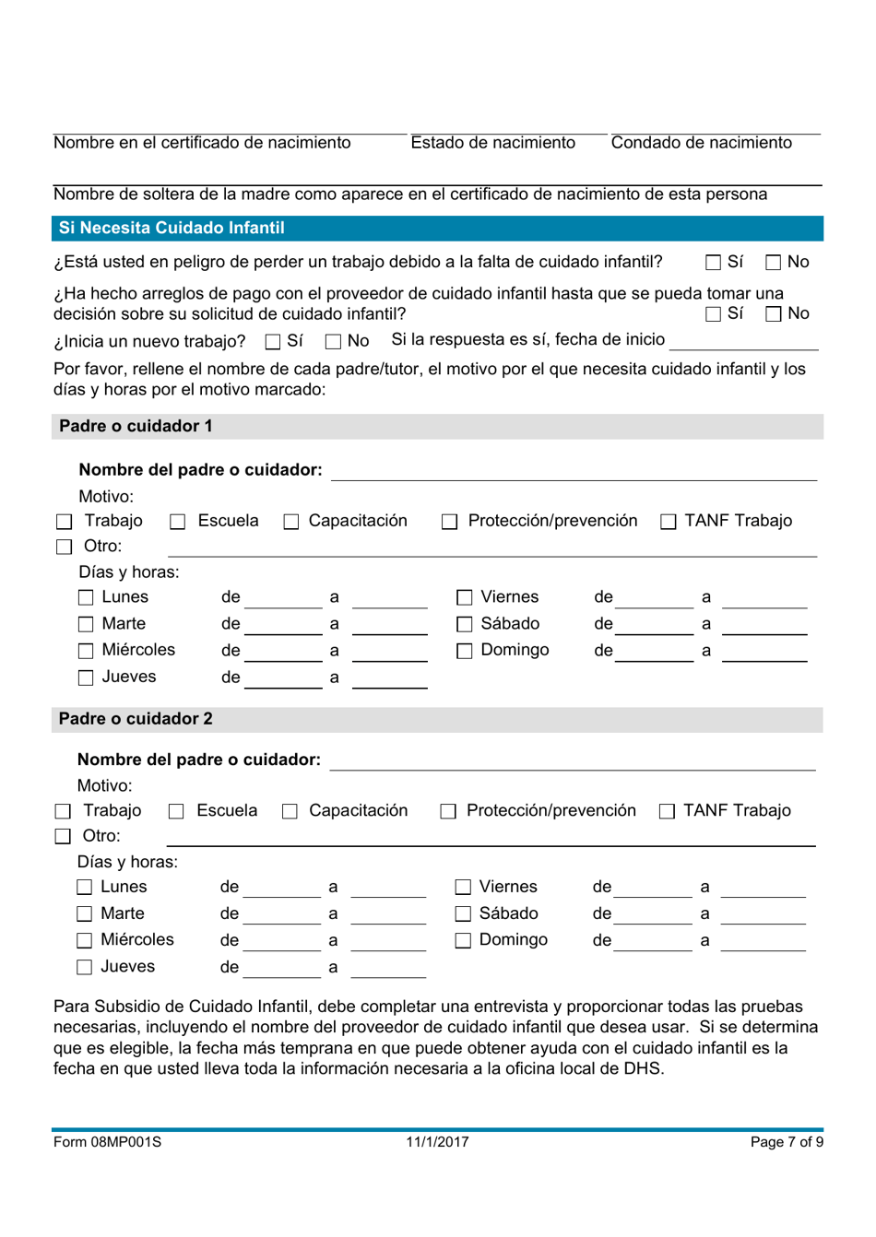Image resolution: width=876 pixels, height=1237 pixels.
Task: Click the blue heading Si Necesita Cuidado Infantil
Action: point(172,228)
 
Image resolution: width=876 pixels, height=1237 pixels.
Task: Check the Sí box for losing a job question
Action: point(714,263)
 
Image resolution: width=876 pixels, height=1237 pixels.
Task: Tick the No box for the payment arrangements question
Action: point(774,314)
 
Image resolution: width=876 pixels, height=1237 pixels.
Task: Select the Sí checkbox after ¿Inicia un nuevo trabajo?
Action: point(273,342)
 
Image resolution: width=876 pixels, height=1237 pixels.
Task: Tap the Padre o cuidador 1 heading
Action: point(136,426)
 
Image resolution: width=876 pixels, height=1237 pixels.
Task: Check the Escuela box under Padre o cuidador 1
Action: point(178,522)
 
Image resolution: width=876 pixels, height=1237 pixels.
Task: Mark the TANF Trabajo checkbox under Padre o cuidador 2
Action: point(667,811)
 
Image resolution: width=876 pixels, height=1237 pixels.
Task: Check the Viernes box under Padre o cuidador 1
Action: point(465,598)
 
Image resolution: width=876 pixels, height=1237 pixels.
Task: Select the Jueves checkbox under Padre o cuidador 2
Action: point(85,967)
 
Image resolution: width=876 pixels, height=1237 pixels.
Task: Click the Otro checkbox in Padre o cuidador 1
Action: point(64,547)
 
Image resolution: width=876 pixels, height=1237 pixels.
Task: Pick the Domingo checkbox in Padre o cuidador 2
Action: point(463,940)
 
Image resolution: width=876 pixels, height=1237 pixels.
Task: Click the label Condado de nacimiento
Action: point(701,143)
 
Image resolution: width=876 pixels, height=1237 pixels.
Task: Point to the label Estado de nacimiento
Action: point(492,143)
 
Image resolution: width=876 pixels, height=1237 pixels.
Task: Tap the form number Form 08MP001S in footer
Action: point(107,1142)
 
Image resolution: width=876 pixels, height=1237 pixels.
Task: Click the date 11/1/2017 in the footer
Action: point(437,1142)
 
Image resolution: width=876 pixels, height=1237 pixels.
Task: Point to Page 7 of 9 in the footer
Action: point(786,1142)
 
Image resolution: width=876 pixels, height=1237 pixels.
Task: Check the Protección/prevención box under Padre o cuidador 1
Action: point(449,522)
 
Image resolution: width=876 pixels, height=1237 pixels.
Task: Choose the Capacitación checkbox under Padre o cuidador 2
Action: point(290,811)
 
